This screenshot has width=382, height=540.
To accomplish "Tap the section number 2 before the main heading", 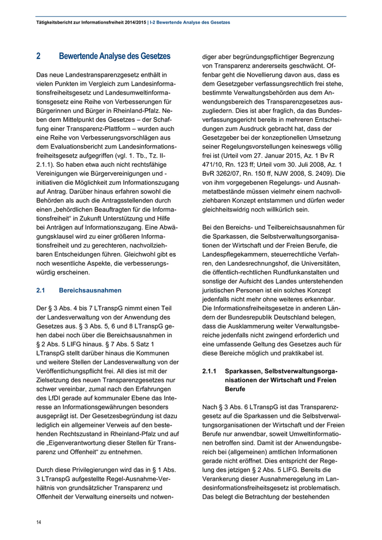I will click(x=38, y=56).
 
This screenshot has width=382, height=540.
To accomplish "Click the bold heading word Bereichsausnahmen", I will click(x=90, y=290).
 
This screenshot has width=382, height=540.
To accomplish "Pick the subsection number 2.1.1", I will click(x=209, y=371).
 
